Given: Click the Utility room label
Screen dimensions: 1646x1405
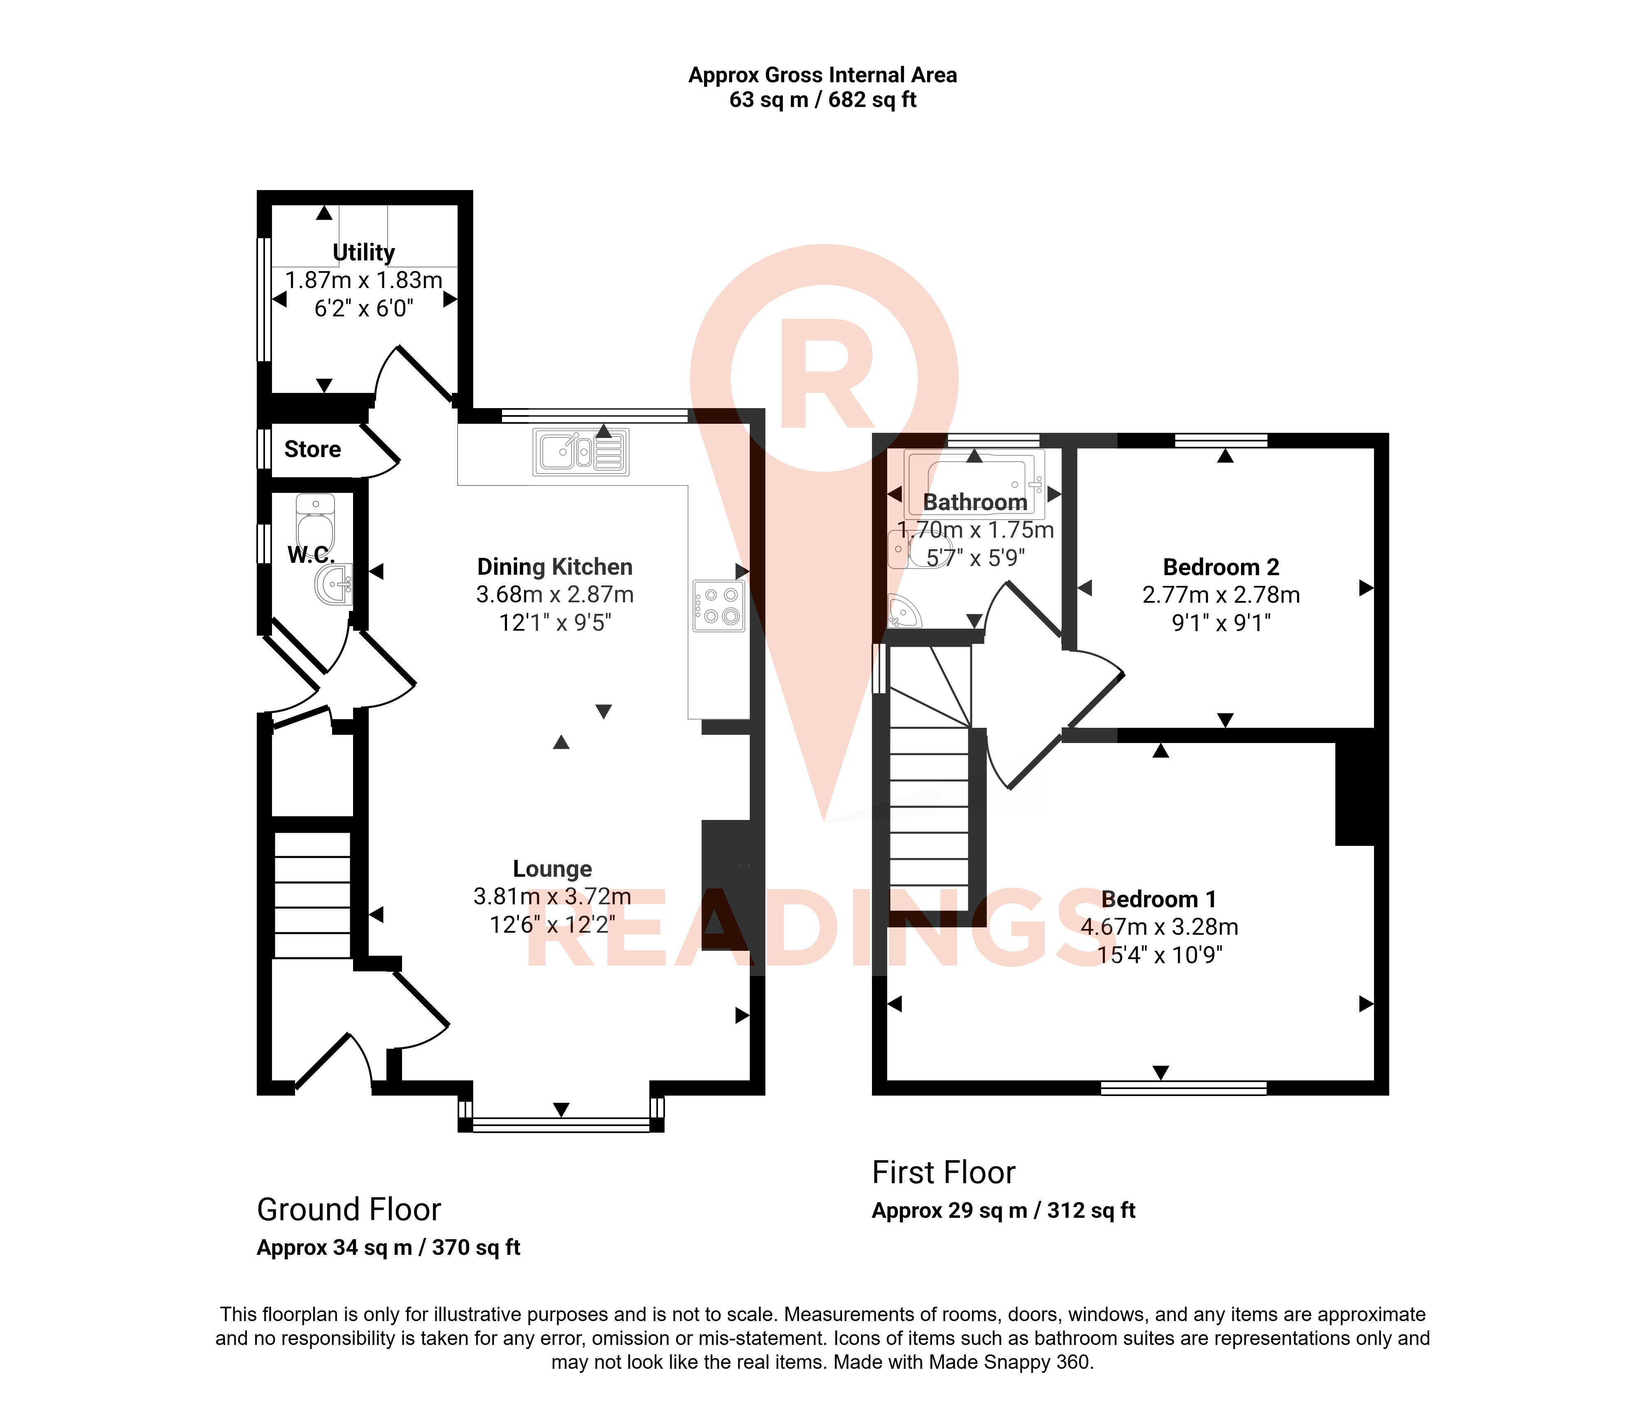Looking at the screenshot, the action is (x=364, y=253).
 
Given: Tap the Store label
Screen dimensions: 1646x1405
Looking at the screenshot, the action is (x=313, y=450).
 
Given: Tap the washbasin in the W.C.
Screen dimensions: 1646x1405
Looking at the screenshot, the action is (x=334, y=586).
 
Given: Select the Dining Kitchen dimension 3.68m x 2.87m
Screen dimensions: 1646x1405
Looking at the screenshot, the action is (x=555, y=595).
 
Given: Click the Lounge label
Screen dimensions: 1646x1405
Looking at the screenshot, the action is (x=552, y=869).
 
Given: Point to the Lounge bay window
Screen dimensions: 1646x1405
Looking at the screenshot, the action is (x=561, y=1123).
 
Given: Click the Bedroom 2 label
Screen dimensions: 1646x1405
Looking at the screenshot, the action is (x=1221, y=567).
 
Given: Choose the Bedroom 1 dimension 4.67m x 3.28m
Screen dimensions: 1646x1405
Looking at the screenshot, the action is (x=1160, y=927).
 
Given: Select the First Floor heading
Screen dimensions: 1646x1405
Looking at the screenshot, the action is (x=944, y=1172).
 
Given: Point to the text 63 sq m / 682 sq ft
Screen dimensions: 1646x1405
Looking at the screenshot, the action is (x=823, y=100).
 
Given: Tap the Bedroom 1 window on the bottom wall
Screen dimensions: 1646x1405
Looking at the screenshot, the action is (x=1183, y=1088).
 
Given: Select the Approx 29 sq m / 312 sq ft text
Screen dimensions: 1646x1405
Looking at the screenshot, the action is (x=1003, y=1210).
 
